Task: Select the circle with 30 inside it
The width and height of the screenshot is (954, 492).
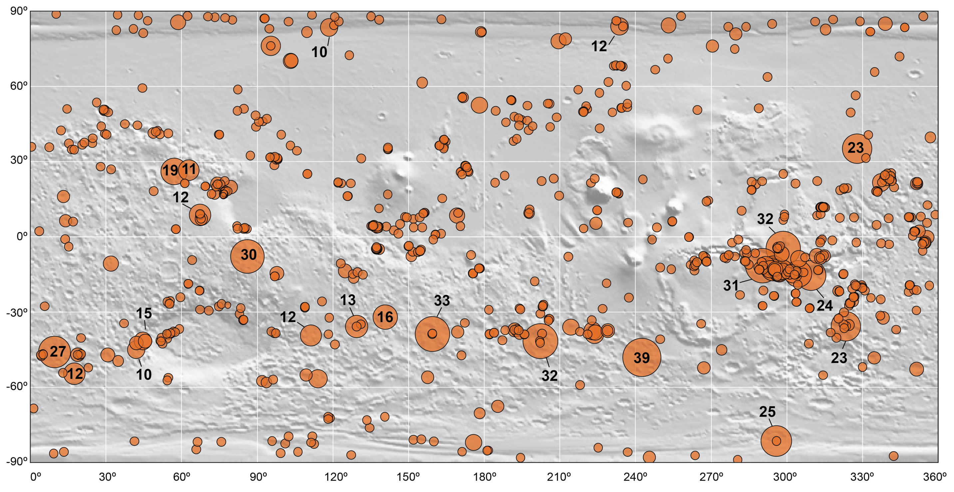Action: pyautogui.click(x=247, y=256)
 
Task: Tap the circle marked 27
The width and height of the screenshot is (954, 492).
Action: pyautogui.click(x=55, y=351)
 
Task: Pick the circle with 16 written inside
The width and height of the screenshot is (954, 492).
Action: pyautogui.click(x=385, y=317)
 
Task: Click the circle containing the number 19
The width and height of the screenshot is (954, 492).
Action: pyautogui.click(x=171, y=171)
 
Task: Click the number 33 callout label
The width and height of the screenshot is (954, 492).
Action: pyautogui.click(x=442, y=301)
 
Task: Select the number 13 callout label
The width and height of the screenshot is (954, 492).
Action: pyautogui.click(x=348, y=300)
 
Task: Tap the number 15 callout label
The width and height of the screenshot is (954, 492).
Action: pyautogui.click(x=144, y=314)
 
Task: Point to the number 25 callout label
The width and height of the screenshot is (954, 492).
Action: pyautogui.click(x=767, y=412)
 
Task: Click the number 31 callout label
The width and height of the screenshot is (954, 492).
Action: pyautogui.click(x=731, y=285)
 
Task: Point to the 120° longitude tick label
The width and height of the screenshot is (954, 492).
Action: pyautogui.click(x=333, y=477)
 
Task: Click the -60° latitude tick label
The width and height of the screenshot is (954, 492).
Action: pyautogui.click(x=17, y=386)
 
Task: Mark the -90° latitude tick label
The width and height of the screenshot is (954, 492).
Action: pyautogui.click(x=17, y=461)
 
